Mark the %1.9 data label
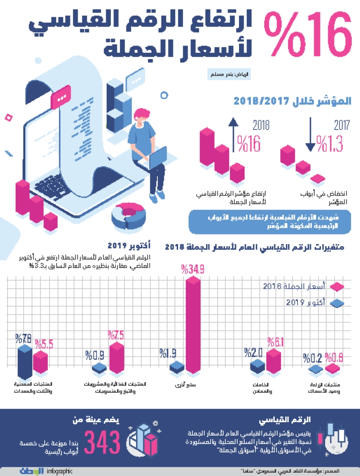coord(169,353)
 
